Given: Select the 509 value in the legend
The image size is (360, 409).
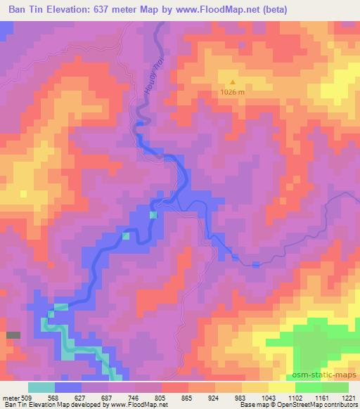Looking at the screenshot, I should pyautogui.click(x=28, y=397).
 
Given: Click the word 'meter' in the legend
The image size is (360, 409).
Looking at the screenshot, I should pyautogui.click(x=12, y=397).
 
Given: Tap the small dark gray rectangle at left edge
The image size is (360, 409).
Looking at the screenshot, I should pyautogui.click(x=13, y=335).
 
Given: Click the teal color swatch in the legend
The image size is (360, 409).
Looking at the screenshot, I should pyautogui.click(x=41, y=387).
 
